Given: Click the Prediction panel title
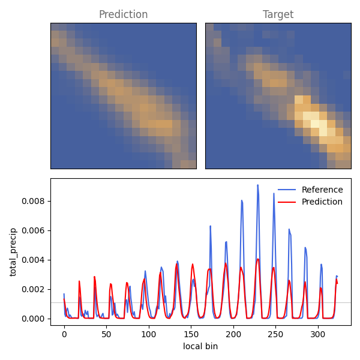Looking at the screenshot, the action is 123,14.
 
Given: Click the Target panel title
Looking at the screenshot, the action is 278,14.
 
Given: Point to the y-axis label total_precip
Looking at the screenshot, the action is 13,252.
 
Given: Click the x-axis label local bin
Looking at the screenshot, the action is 200,346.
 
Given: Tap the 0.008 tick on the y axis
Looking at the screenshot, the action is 33,201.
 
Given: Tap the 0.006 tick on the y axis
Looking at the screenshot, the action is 33,230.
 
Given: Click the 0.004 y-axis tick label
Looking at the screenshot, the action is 33,260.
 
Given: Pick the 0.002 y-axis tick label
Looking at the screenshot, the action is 33,289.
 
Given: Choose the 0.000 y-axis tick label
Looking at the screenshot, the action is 33,319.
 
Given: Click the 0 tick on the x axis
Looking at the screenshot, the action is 64,334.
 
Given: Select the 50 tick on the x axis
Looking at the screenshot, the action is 107,334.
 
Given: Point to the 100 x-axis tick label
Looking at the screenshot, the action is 149,334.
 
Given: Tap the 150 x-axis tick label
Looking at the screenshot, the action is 191,334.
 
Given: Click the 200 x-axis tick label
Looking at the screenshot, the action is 233,334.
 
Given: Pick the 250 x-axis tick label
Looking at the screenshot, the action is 275,334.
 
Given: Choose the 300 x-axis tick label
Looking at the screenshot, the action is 318,334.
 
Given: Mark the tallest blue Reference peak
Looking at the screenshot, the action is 258,185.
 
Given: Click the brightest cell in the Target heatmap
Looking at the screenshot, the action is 315,124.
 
